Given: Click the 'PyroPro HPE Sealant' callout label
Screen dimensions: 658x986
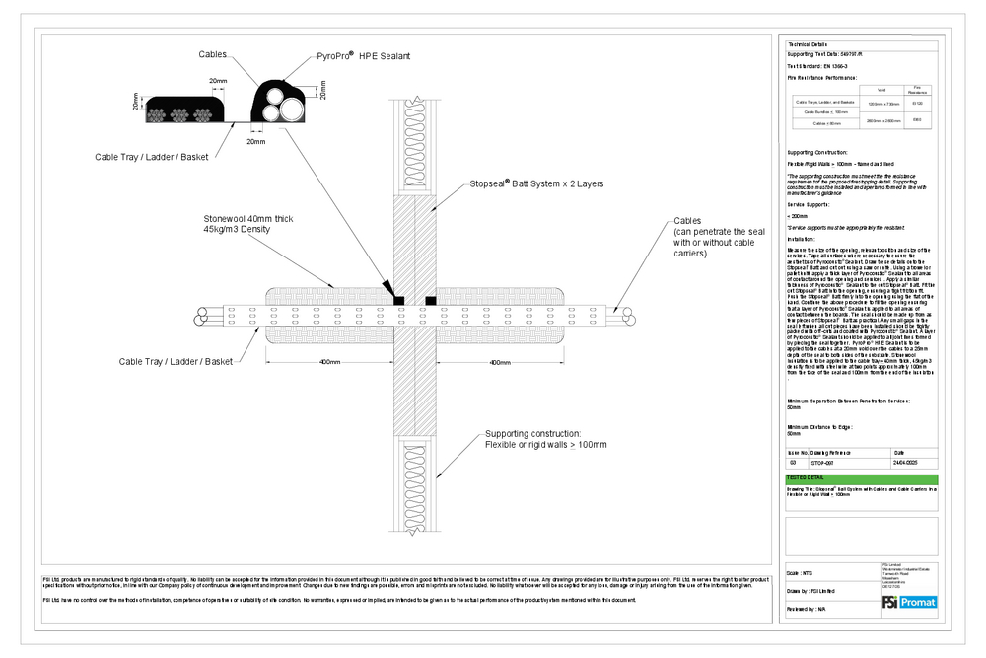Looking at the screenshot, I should tap(363, 57).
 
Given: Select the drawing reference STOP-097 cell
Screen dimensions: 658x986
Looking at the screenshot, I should tap(822, 462).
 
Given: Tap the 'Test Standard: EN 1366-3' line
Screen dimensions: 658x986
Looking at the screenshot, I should tap(817, 66).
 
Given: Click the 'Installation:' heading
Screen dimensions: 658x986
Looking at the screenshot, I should tap(803, 240).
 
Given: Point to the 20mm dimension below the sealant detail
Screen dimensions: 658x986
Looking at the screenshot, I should tap(256, 142).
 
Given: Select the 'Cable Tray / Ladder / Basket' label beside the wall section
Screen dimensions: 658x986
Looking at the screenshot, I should tap(178, 362).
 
